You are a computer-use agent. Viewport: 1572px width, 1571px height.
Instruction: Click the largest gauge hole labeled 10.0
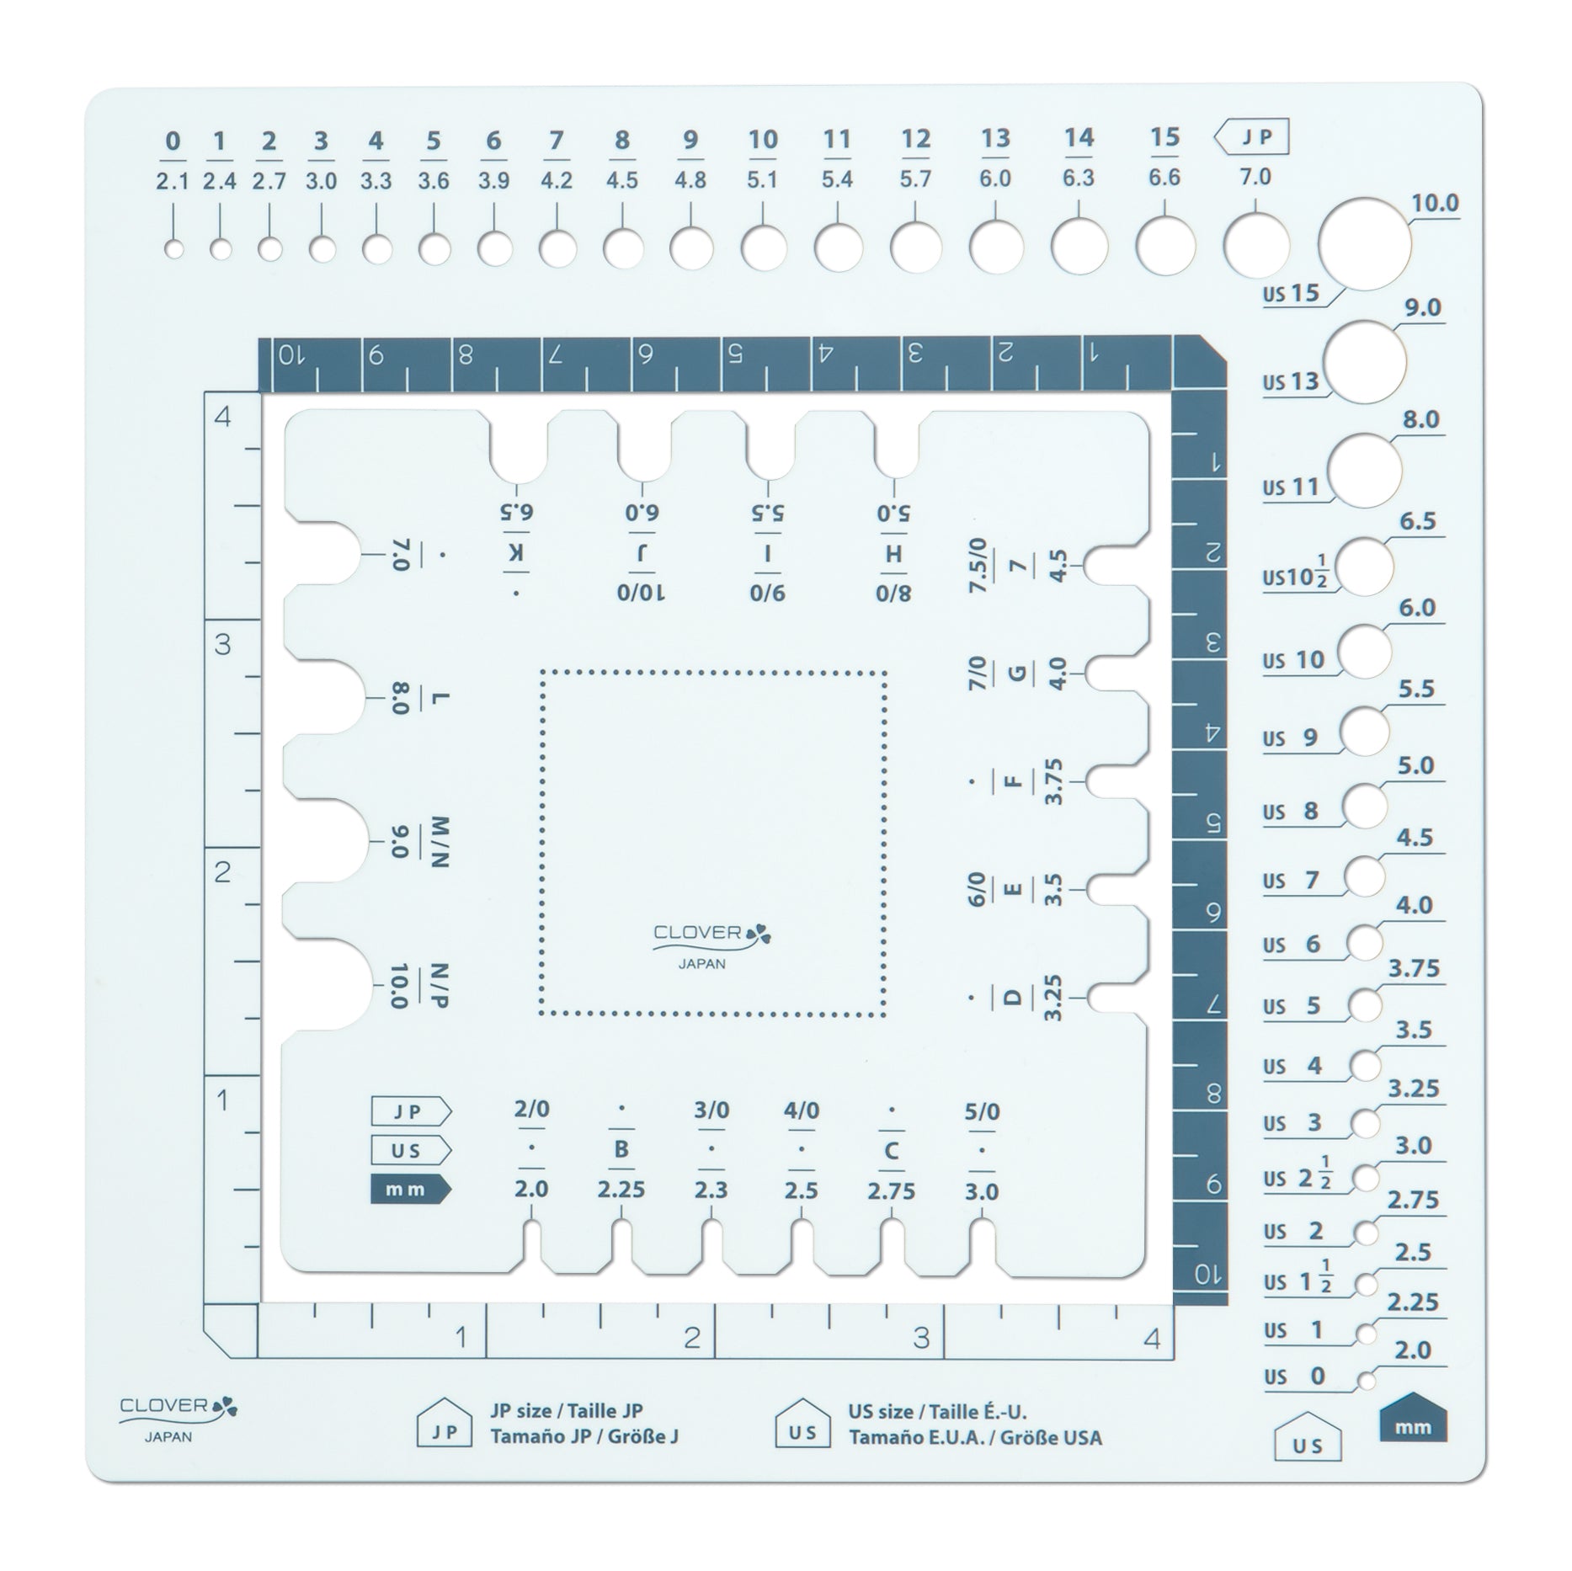click(x=1364, y=244)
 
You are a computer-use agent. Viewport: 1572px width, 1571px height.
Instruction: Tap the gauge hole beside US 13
click(x=1366, y=360)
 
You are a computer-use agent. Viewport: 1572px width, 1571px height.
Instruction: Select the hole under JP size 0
click(x=174, y=249)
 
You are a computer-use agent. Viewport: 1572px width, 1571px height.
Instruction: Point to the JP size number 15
click(x=1164, y=137)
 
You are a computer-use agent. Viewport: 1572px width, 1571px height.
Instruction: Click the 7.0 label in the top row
click(x=1255, y=178)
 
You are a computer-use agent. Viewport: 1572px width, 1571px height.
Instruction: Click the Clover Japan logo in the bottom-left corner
click(x=178, y=1414)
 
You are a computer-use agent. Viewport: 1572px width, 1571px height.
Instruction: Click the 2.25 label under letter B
click(x=621, y=1190)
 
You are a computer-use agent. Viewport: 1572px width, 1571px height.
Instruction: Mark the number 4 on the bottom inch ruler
click(x=1153, y=1337)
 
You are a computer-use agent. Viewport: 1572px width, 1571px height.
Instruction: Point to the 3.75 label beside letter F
click(x=1053, y=781)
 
